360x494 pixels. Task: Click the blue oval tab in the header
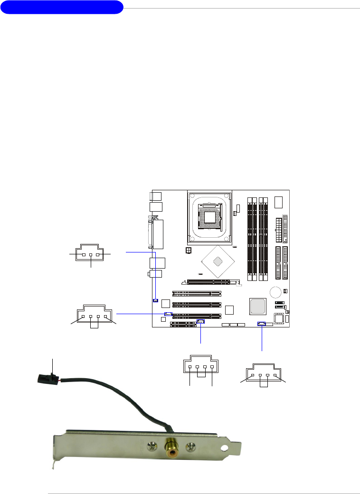point(62,8)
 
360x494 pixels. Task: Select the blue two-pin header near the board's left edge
point(155,300)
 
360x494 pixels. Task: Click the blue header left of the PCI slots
point(168,314)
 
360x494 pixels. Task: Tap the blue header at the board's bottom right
point(261,324)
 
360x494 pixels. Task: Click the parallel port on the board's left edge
point(157,234)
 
